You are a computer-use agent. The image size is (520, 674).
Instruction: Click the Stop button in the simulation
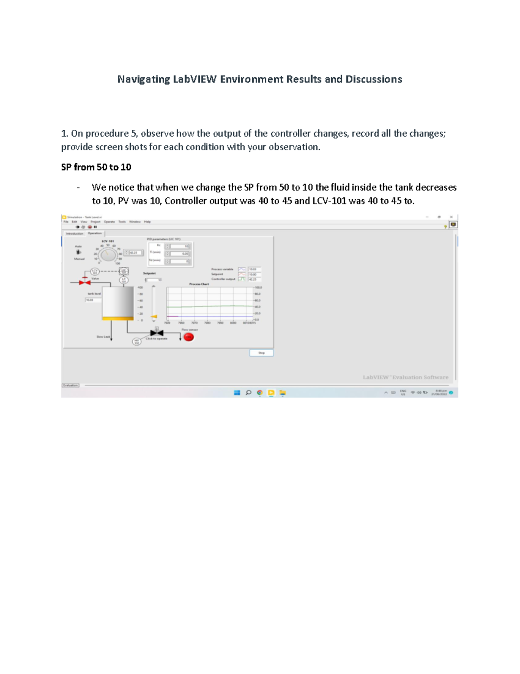coord(261,353)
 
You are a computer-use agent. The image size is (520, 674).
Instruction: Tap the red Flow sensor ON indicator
coord(188,337)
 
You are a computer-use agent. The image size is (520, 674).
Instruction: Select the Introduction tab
coord(75,233)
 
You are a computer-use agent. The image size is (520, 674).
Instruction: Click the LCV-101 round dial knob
coord(108,255)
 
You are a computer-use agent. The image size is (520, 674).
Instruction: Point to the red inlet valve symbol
coord(84,282)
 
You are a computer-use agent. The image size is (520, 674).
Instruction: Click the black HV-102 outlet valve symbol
coord(156,333)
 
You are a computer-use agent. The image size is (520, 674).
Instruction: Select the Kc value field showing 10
coord(179,246)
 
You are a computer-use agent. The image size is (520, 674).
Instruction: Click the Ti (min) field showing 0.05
coord(179,253)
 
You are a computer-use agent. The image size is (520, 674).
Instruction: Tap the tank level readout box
coord(93,300)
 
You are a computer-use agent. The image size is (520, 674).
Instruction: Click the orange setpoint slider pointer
coord(154,316)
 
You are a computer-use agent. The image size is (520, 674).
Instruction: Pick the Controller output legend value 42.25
coord(254,279)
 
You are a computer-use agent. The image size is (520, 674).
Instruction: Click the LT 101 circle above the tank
coord(123,280)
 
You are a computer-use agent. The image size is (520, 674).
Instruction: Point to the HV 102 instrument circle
coord(136,342)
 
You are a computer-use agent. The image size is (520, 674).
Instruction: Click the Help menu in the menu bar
coord(147,222)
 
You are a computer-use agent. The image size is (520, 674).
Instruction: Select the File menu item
coord(66,222)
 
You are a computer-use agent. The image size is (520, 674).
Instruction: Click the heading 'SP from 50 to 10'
coord(96,167)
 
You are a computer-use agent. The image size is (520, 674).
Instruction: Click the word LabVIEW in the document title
coord(195,79)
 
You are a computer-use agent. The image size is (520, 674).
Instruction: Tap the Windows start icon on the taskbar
coord(237,393)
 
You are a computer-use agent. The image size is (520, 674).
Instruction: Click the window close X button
coord(451,217)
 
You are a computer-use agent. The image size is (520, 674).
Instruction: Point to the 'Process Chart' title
coord(199,284)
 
